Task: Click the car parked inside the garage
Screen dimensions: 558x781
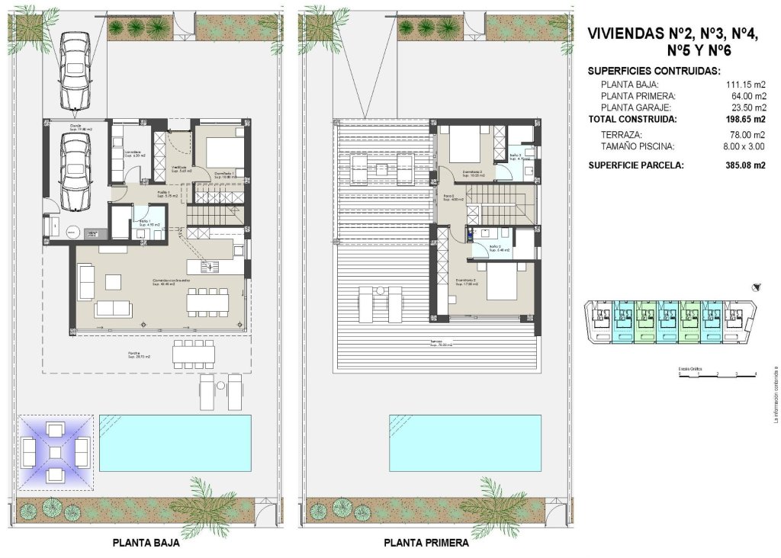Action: (76, 173)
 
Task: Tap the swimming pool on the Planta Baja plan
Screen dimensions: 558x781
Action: (176, 443)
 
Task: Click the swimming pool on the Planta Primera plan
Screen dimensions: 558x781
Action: (464, 443)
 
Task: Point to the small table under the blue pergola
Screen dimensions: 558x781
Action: (54, 452)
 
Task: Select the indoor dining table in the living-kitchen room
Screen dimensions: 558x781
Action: (208, 303)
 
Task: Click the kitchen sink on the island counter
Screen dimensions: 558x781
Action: (212, 266)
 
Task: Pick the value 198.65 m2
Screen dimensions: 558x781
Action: (743, 120)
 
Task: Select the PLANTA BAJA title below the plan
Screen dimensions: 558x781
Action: (146, 544)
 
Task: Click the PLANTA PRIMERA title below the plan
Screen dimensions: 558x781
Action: (426, 544)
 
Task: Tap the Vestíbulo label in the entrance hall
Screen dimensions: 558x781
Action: (180, 168)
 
